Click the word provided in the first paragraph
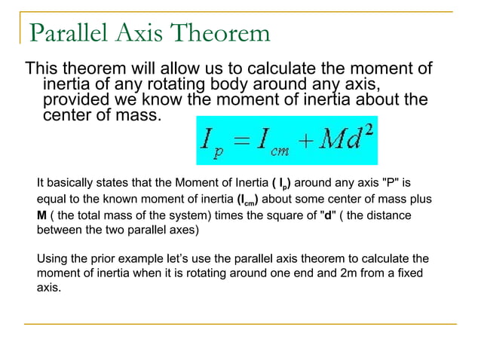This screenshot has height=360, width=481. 75,99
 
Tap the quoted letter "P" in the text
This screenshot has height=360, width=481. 384,183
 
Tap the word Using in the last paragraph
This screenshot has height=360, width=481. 52,260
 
